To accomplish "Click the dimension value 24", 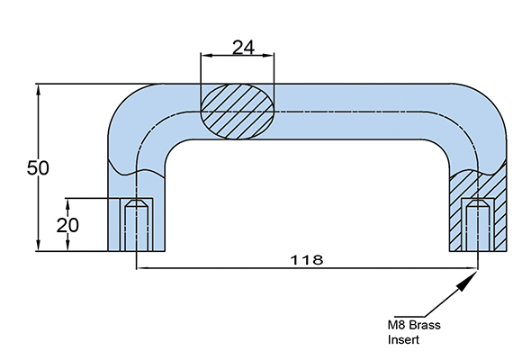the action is click(x=243, y=48).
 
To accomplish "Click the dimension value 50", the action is click(x=38, y=167).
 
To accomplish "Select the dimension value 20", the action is click(x=67, y=226).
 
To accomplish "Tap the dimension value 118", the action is click(x=307, y=260).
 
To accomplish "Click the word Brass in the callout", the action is click(x=424, y=325).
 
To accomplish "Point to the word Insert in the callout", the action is click(x=403, y=340).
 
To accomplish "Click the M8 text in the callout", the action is click(x=397, y=325).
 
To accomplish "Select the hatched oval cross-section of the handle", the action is click(x=238, y=112).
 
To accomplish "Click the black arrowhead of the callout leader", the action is click(x=466, y=282).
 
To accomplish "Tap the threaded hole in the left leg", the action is click(x=136, y=226).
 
